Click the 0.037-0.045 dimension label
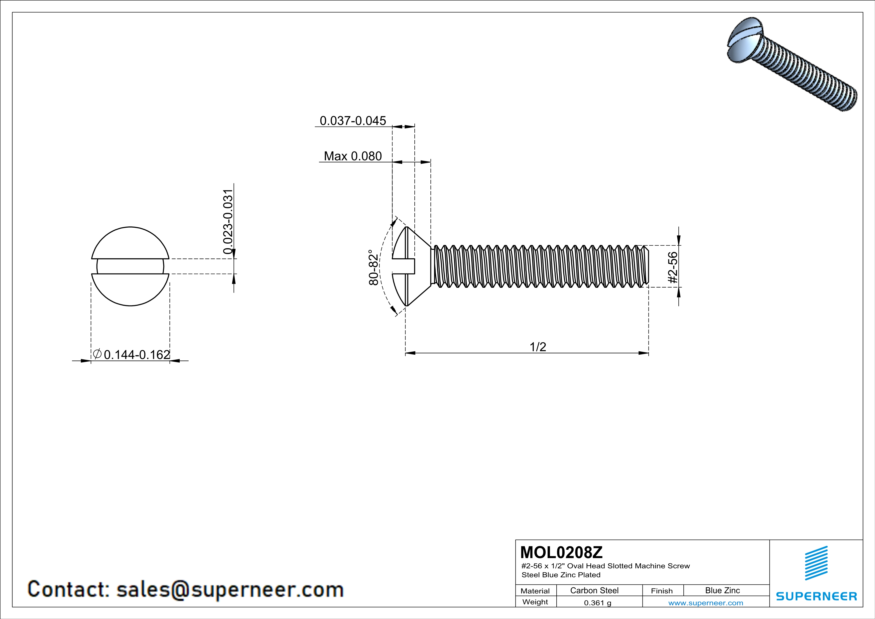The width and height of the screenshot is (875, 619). click(x=353, y=121)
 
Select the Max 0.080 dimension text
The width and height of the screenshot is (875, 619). click(x=353, y=156)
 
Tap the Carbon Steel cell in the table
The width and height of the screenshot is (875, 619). click(x=594, y=590)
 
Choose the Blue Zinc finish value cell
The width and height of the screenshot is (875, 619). click(x=722, y=590)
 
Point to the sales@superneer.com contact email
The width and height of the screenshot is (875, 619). click(x=230, y=589)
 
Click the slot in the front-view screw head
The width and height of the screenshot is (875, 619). click(x=130, y=266)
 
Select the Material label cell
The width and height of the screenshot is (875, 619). click(x=535, y=591)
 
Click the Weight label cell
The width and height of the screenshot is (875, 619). click(x=535, y=602)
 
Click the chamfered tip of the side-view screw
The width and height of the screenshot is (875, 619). click(x=646, y=266)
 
